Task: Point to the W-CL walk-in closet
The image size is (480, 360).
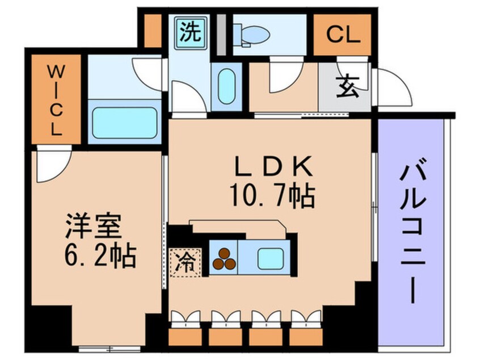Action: coord(55,99)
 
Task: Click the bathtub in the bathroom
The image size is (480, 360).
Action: coord(123,123)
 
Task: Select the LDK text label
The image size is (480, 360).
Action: coord(272,168)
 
